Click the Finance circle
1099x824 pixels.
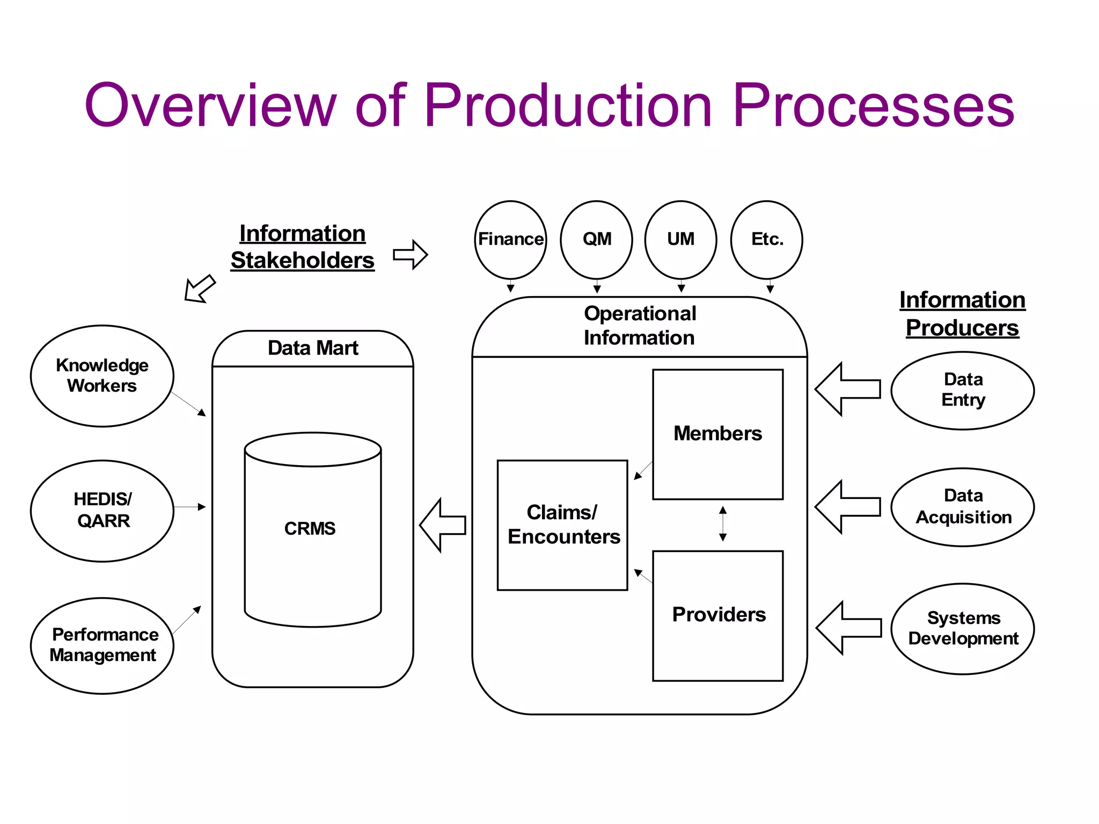510,239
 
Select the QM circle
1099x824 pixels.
596,239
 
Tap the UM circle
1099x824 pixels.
680,239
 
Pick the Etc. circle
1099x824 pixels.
767,239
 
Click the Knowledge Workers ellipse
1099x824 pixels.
102,376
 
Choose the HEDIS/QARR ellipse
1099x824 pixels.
102,510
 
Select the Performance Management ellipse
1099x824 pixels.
102,645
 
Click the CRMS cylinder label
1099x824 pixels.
310,528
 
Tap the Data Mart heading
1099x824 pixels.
313,348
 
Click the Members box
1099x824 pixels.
717,434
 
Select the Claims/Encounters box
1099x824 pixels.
562,525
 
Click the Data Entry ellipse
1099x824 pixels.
963,390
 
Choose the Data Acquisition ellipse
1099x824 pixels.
963,507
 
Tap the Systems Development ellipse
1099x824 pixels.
963,628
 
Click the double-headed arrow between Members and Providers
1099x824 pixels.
723,524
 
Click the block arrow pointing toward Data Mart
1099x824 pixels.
443,525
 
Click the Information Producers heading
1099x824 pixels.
962,314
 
